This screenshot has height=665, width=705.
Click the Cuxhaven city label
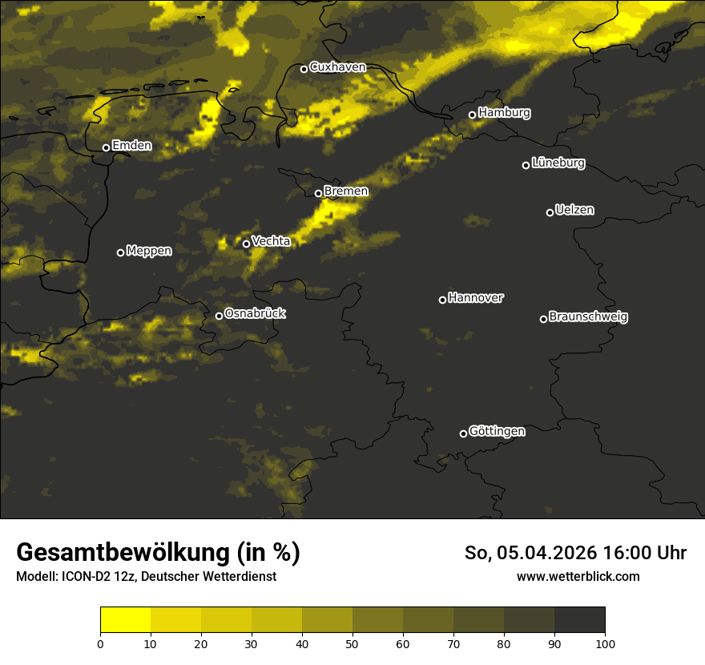click(337, 67)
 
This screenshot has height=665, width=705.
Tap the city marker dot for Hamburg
click(472, 115)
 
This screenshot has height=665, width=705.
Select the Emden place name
click(132, 146)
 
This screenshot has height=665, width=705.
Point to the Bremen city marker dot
click(318, 193)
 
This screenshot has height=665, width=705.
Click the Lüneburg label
click(558, 163)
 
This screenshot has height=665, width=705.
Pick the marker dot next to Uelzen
click(550, 212)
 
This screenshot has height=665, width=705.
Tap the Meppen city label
click(149, 251)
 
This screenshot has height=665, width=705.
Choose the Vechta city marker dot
click(246, 244)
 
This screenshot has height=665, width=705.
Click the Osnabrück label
click(255, 314)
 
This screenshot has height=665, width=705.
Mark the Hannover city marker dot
click(442, 300)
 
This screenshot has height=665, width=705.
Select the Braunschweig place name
click(589, 317)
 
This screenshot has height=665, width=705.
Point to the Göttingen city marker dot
click(463, 433)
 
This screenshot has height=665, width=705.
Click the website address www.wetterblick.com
click(578, 577)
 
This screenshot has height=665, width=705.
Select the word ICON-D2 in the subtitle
click(84, 577)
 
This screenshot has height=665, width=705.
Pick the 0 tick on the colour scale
click(100, 643)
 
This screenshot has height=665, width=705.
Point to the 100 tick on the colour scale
click(605, 643)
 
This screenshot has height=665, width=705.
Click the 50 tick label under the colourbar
click(352, 643)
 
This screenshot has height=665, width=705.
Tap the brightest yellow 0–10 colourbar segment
click(125, 620)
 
